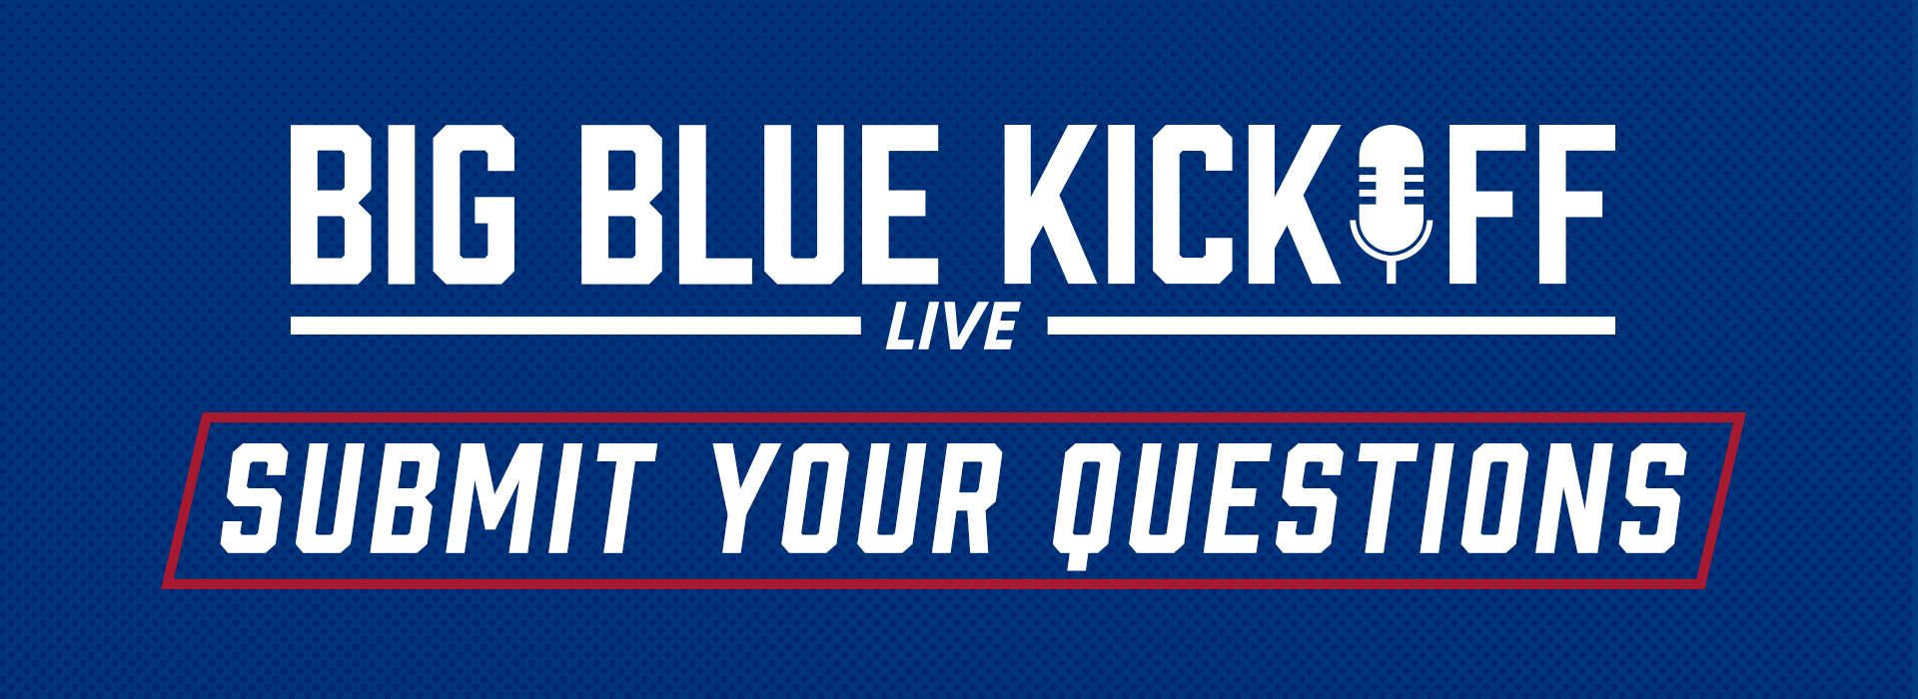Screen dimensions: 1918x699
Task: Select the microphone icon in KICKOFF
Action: coord(1390,203)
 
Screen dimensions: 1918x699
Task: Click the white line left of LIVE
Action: coord(574,325)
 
